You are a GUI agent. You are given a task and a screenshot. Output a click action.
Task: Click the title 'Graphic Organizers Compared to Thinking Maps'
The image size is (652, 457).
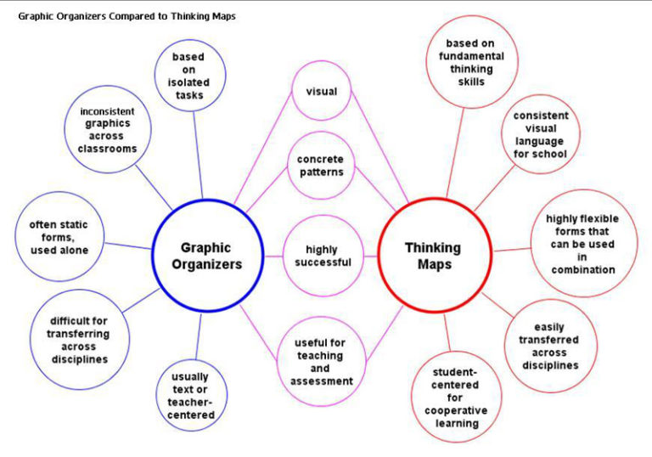[127, 15]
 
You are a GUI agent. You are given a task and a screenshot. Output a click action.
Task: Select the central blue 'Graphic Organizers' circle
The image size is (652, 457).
[205, 256]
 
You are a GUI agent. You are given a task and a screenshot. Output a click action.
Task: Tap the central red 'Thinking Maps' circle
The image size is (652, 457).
[432, 256]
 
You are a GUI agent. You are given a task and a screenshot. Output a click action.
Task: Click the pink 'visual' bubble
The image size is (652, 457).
[322, 92]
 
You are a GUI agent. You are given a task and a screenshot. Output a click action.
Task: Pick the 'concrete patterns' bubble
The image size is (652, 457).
[321, 166]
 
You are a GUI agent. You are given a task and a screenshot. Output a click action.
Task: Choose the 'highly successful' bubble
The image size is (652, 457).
[317, 256]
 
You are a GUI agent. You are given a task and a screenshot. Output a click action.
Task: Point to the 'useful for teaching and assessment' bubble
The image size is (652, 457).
[320, 362]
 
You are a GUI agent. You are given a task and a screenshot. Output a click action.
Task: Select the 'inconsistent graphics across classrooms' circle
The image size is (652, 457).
[107, 130]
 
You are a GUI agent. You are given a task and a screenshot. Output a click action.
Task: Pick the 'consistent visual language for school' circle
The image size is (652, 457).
[541, 135]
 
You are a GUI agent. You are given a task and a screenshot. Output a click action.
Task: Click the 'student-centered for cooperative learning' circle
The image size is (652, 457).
[456, 398]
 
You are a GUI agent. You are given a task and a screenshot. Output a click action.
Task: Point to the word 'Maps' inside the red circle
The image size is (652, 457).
[434, 264]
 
